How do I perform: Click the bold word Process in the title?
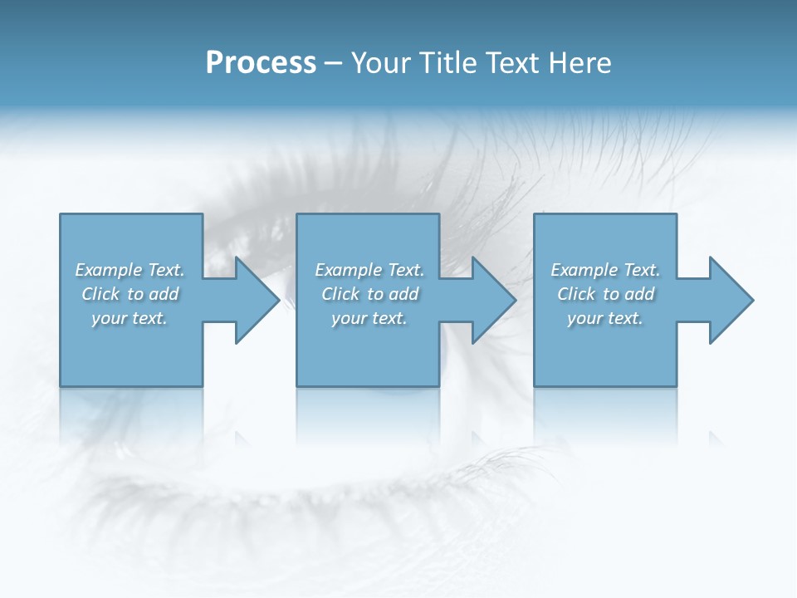click(x=261, y=63)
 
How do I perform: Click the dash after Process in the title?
click(x=334, y=64)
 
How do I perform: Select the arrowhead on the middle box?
click(x=492, y=300)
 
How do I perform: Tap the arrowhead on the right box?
click(x=730, y=300)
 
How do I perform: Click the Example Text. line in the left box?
click(x=130, y=270)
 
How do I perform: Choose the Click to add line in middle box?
click(x=369, y=294)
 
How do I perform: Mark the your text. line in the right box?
click(x=604, y=318)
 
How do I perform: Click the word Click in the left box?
click(x=101, y=294)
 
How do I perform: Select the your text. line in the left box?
click(x=130, y=318)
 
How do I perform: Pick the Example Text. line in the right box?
click(x=605, y=270)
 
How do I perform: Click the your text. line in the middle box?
click(x=369, y=318)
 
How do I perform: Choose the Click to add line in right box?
click(x=605, y=294)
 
